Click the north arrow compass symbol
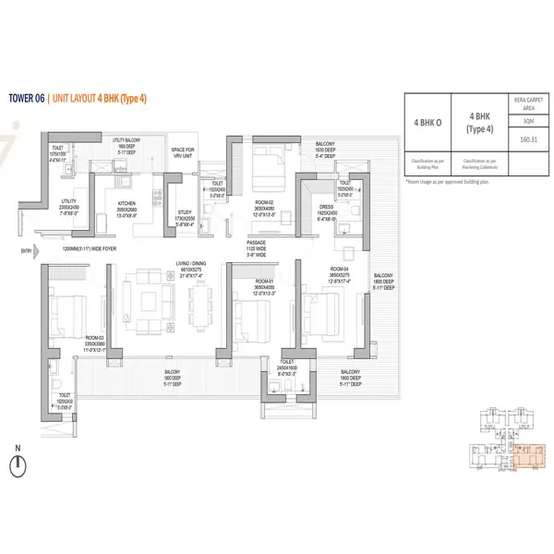tap(18, 463)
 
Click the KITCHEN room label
tap(126, 205)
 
